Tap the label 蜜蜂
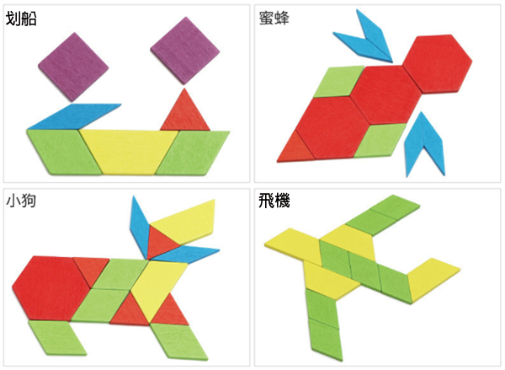tap(276, 19)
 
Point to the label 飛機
tap(276, 203)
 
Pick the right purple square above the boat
tap(182, 51)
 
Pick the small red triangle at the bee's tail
tap(295, 147)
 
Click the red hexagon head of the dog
tap(50, 287)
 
